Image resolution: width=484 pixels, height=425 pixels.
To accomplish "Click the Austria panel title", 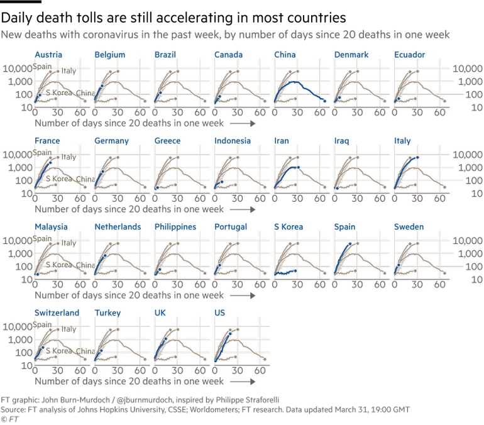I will point(48,55).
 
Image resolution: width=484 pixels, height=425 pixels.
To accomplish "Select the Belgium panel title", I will point(110,55).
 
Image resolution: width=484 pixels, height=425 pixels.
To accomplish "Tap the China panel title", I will point(285,55).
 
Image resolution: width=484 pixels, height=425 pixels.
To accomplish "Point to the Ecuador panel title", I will point(409,55).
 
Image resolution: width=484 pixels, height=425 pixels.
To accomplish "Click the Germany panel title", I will point(112,141).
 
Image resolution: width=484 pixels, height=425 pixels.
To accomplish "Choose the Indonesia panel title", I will point(232,141).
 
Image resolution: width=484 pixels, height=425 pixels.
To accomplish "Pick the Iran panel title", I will point(282,141).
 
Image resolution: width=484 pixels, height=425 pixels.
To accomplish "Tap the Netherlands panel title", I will point(118,227).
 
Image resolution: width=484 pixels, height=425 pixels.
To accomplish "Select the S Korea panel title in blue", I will point(289,227).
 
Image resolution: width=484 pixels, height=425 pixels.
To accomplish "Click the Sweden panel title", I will point(409,227).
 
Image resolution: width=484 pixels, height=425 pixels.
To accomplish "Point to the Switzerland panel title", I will point(57,313).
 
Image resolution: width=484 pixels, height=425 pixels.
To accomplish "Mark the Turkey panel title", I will point(107,313).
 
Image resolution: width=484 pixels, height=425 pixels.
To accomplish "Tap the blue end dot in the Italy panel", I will point(417,157).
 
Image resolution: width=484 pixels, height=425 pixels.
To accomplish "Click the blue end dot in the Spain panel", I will point(350,243).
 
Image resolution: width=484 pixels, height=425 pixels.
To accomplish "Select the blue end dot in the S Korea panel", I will point(295,270).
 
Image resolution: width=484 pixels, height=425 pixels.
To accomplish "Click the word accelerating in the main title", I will point(180,16).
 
